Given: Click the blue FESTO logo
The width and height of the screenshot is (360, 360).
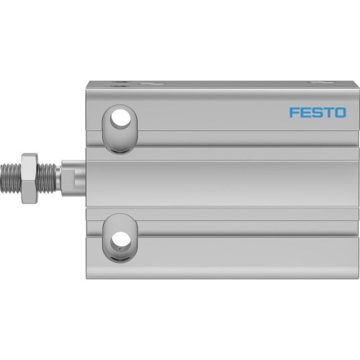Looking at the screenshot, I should tap(317, 112).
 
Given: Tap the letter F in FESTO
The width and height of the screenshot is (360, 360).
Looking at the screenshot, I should tap(294, 112).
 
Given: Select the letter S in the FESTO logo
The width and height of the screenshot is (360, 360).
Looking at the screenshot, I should tap(316, 112).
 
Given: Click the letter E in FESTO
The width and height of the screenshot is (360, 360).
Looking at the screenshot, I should tap(305, 112).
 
